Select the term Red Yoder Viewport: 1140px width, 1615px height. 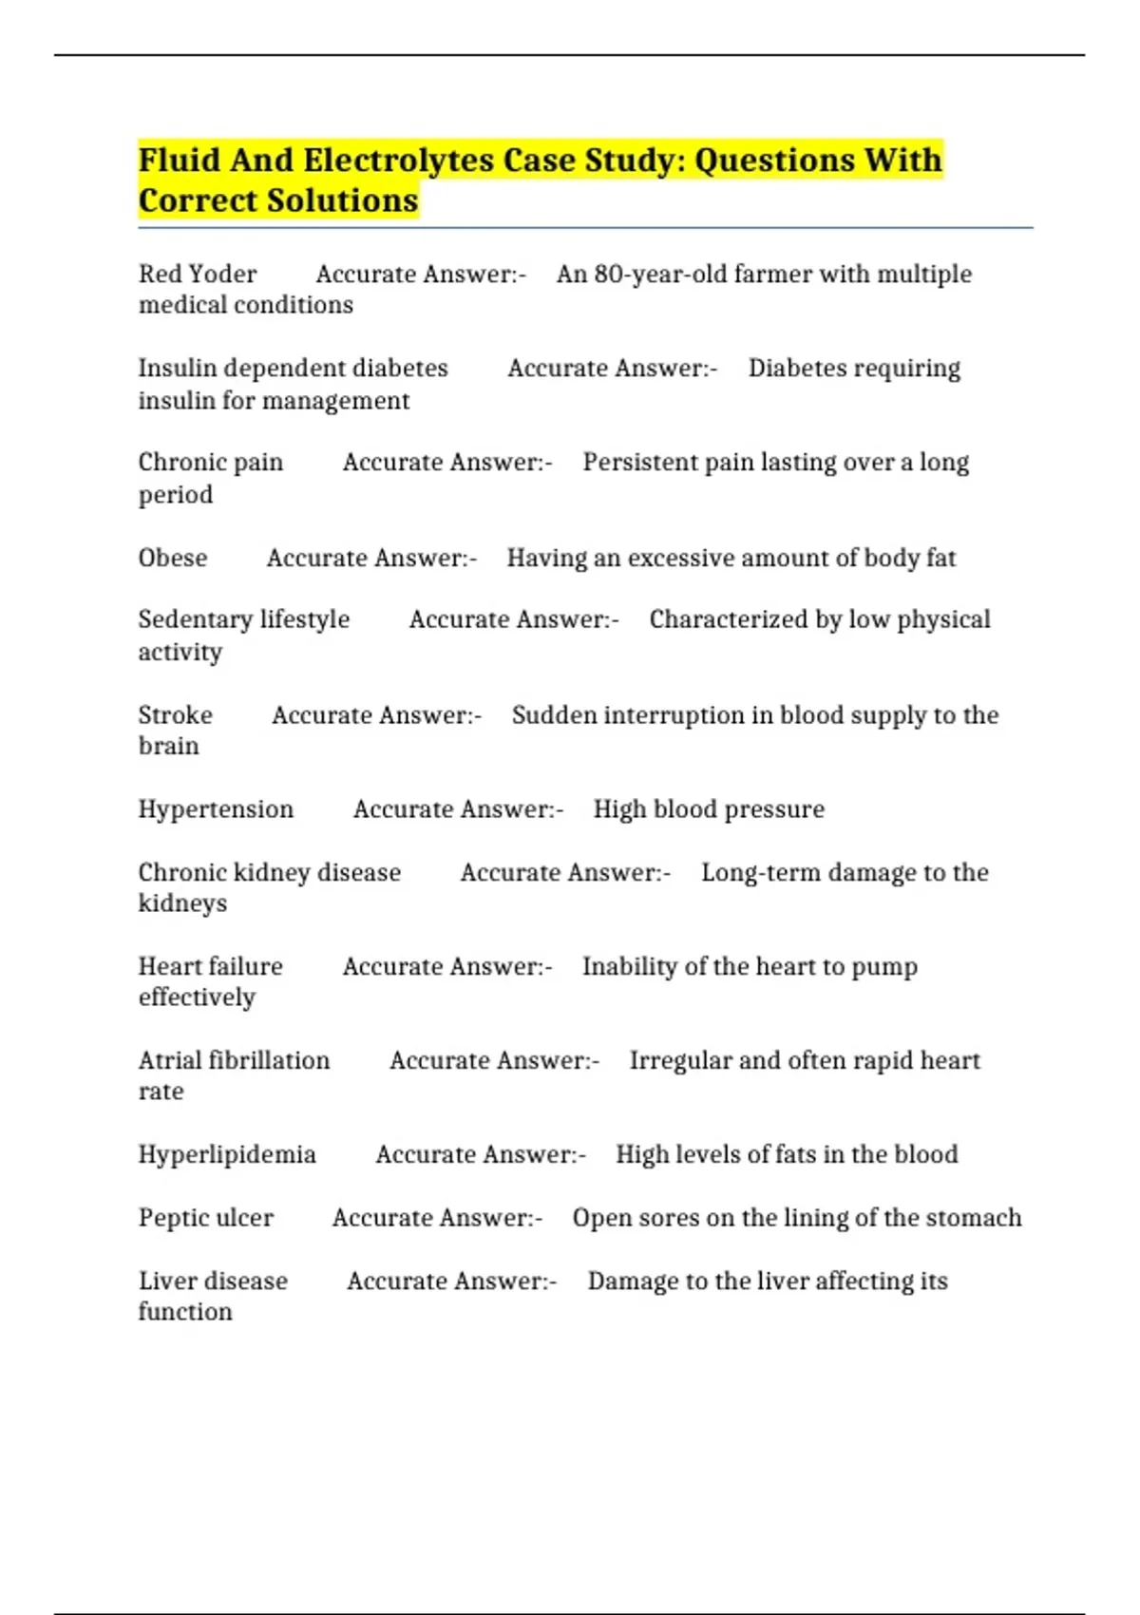click(198, 275)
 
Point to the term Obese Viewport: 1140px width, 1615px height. click(173, 558)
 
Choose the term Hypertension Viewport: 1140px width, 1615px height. click(216, 809)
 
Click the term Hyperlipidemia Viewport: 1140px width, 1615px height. click(227, 1154)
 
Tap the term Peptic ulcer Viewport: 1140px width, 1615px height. click(206, 1218)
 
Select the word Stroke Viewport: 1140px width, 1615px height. click(176, 715)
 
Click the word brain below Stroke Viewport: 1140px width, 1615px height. click(169, 746)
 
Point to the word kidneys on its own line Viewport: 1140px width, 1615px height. click(182, 903)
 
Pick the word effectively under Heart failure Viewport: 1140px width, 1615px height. click(197, 997)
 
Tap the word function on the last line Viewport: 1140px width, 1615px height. click(185, 1312)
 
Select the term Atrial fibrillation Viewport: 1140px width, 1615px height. click(235, 1060)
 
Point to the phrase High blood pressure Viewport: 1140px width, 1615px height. click(709, 809)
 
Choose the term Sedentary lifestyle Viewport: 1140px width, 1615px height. click(244, 619)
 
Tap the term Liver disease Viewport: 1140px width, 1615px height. click(213, 1281)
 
